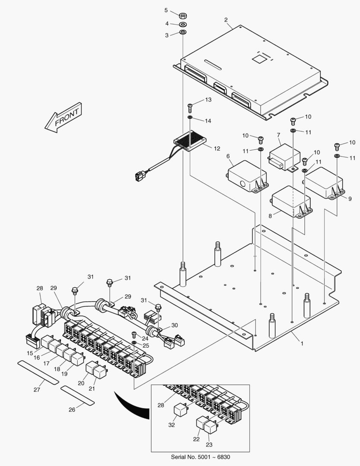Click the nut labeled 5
pyautogui.click(x=183, y=15)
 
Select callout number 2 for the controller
pyautogui.click(x=226, y=20)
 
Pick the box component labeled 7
pyautogui.click(x=284, y=156)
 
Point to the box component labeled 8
pyautogui.click(x=291, y=201)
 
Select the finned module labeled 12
pyautogui.click(x=189, y=142)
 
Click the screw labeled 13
pyautogui.click(x=190, y=105)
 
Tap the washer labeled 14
pyautogui.click(x=190, y=117)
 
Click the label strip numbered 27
pyautogui.click(x=38, y=373)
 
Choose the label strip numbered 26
pyautogui.click(x=78, y=395)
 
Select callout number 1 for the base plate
pyautogui.click(x=302, y=343)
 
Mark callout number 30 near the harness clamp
pyautogui.click(x=174, y=325)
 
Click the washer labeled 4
pyautogui.click(x=183, y=24)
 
